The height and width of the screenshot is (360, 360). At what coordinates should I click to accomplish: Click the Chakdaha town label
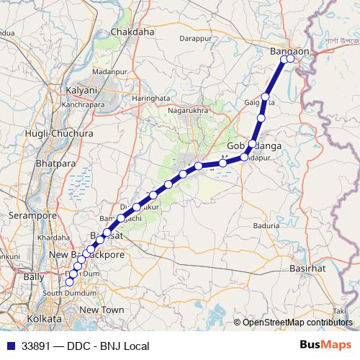pos(132,32)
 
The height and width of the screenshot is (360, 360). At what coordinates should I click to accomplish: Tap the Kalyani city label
pos(81,91)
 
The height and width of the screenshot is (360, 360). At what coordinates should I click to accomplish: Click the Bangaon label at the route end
pos(289,51)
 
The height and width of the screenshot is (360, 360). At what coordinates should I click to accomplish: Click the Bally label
pos(34,276)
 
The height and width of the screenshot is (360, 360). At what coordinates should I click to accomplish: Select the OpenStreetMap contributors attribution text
pos(297,323)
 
